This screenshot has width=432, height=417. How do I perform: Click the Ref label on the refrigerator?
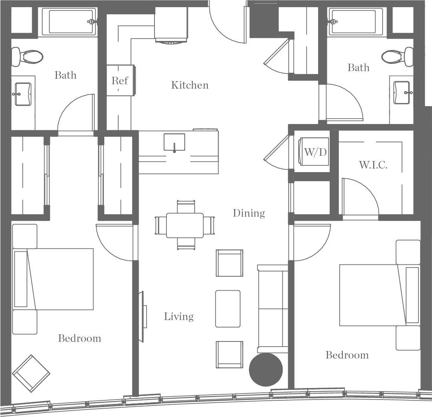click(x=119, y=81)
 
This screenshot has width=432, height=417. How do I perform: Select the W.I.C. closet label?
click(x=373, y=165)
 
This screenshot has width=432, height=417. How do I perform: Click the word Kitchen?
click(x=190, y=85)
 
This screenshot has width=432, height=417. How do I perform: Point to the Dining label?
click(x=249, y=213)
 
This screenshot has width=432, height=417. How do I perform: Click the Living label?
click(x=179, y=317)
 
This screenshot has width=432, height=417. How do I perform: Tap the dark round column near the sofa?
click(x=266, y=370)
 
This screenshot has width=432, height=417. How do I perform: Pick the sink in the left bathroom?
click(x=23, y=94)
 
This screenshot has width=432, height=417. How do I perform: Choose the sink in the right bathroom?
click(x=401, y=92)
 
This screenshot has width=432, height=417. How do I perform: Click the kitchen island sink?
click(x=174, y=142)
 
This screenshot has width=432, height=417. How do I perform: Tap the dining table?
click(x=185, y=225)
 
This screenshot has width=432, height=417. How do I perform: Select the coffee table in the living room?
click(x=228, y=308)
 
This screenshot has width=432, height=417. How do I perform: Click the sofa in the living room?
click(x=273, y=308)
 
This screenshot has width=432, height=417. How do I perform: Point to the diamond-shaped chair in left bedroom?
click(x=31, y=373)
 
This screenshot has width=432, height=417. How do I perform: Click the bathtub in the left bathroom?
click(x=69, y=21)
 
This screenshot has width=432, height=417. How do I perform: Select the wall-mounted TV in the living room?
click(x=141, y=316)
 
